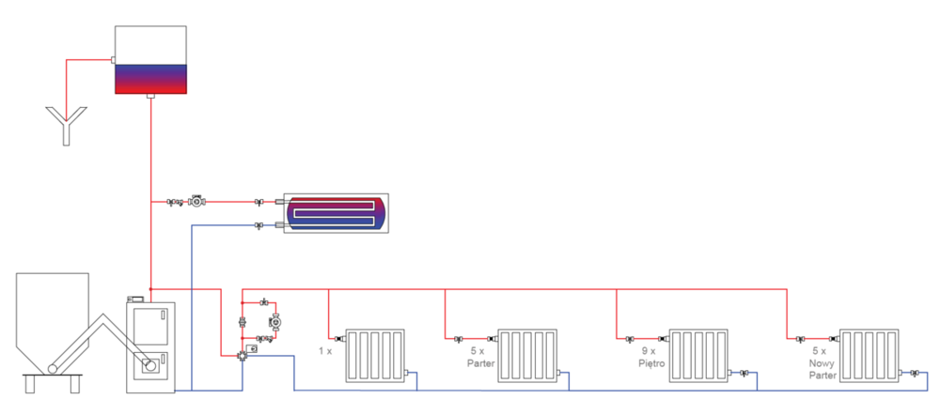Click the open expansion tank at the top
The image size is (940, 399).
(150, 59)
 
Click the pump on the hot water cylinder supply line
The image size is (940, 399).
(196, 202)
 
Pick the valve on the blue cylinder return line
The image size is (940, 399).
(259, 225)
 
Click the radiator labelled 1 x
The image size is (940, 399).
(374, 355)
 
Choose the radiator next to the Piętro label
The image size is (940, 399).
(699, 355)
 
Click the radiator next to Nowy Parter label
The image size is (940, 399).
(870, 355)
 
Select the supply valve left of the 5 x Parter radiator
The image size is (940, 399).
(459, 338)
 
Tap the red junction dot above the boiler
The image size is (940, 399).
(150, 289)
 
